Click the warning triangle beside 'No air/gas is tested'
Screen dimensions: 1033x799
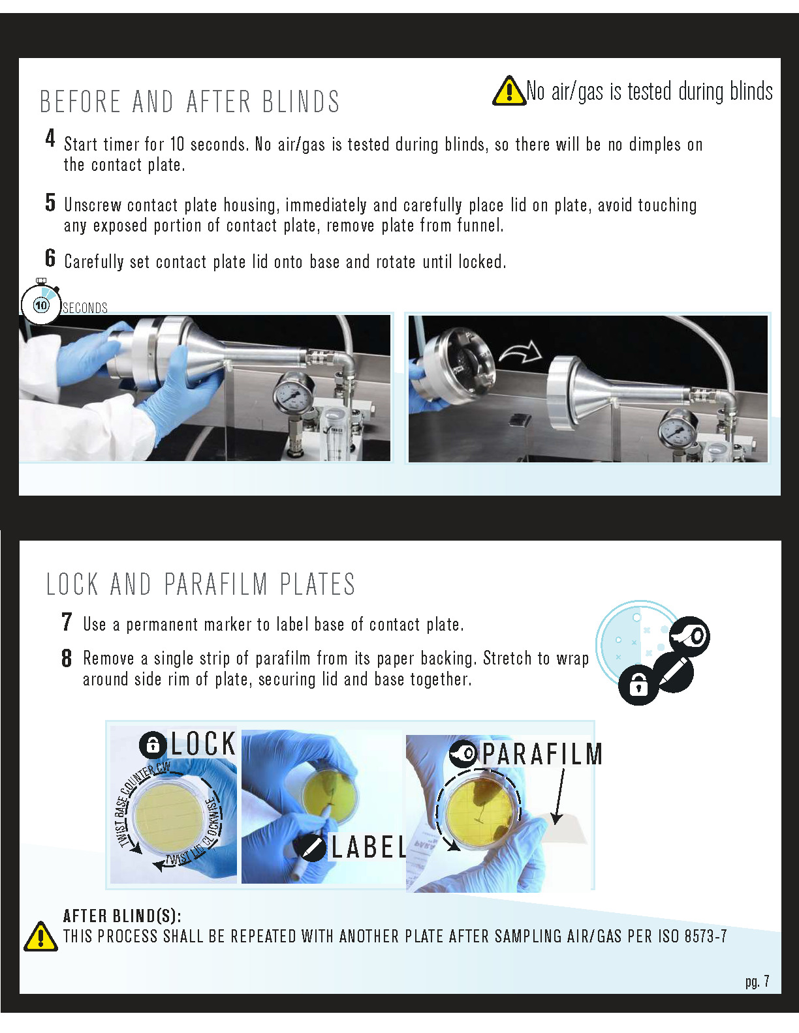coord(509,91)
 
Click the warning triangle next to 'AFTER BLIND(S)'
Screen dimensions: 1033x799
coord(40,936)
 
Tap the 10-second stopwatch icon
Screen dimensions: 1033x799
coord(41,305)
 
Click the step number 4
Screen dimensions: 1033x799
coord(50,138)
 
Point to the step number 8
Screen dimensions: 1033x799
coord(67,658)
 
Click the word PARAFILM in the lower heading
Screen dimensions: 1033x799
coord(216,584)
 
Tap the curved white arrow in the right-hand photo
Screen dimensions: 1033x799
coord(520,352)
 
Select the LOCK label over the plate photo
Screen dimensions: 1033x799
coord(203,743)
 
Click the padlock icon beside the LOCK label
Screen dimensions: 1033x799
coord(153,745)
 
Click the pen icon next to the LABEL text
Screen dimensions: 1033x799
coord(313,848)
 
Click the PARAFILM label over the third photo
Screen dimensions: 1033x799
coord(542,754)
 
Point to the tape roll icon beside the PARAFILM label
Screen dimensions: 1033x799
coord(464,754)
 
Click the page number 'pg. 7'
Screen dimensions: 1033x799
coord(757,981)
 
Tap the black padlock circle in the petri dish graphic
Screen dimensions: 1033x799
coord(638,685)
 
